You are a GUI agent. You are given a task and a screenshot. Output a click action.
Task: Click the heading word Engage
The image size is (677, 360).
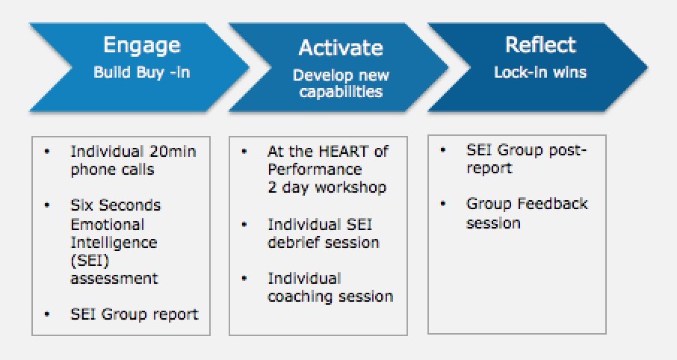pyautogui.click(x=142, y=46)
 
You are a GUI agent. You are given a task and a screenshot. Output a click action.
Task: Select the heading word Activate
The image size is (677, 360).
pyautogui.click(x=341, y=48)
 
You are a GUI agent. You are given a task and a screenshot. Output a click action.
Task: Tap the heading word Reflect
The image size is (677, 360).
pyautogui.click(x=540, y=45)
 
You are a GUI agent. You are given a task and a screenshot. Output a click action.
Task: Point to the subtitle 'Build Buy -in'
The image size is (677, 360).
pyautogui.click(x=142, y=72)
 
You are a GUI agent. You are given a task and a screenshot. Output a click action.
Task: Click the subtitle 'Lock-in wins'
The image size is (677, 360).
pyautogui.click(x=540, y=72)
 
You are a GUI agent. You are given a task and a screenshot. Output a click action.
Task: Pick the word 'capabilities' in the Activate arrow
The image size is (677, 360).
pyautogui.click(x=341, y=92)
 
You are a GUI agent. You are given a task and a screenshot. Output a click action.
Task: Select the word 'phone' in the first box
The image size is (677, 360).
pyautogui.click(x=90, y=170)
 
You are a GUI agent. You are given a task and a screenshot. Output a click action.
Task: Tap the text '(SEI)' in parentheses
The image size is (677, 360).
pyautogui.click(x=90, y=261)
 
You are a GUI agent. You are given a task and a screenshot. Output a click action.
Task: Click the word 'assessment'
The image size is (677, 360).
pyautogui.click(x=114, y=279)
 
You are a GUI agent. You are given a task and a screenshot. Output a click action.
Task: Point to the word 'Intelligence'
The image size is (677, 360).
pyautogui.click(x=114, y=243)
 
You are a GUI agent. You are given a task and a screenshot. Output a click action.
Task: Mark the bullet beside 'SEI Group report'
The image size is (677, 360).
pyautogui.click(x=47, y=314)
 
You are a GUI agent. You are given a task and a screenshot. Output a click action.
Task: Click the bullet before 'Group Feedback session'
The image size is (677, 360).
pyautogui.click(x=442, y=203)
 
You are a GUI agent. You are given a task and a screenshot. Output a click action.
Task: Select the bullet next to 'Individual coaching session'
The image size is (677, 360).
pyautogui.click(x=244, y=279)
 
